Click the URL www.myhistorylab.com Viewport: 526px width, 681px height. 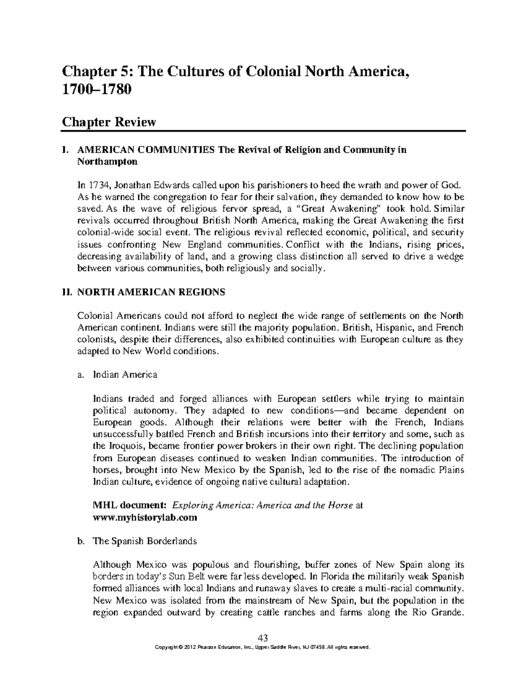[x=145, y=517]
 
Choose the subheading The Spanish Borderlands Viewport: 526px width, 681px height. [x=145, y=541]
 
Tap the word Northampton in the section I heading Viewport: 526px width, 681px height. [x=107, y=161]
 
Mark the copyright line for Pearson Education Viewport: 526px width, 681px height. [x=263, y=647]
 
